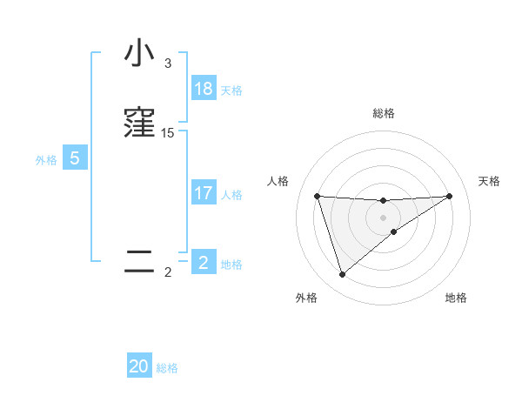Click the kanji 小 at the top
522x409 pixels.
pos(139,54)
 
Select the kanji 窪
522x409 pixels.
pos(139,123)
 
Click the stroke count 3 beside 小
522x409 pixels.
pos(167,64)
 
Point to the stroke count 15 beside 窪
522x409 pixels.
pos(168,133)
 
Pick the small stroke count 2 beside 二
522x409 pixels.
pos(168,272)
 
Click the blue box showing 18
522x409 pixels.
pos(204,89)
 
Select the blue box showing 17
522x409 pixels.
pos(204,193)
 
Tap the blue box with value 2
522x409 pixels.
pos(204,263)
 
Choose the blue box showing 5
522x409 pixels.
pos(75,158)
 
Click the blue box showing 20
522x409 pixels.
pos(139,366)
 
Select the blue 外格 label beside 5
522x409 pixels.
pos(46,159)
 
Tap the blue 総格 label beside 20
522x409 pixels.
pos(167,368)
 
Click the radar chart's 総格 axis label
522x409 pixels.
pos(384,113)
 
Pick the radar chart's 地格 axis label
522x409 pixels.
pos(456,298)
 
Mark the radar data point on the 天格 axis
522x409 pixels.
pos(449,196)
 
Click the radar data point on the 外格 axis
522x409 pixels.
pos(342,275)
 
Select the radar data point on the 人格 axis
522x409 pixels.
pos(318,196)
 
